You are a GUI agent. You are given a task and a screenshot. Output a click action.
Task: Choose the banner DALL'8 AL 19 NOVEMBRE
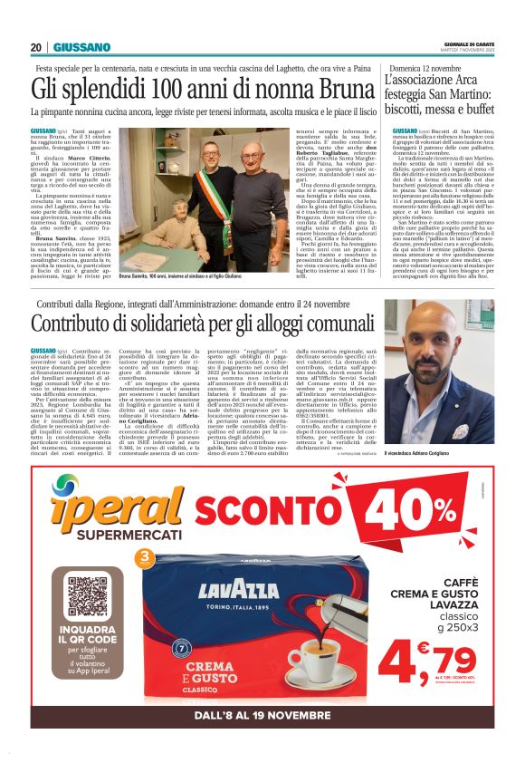click(x=262, y=715)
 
